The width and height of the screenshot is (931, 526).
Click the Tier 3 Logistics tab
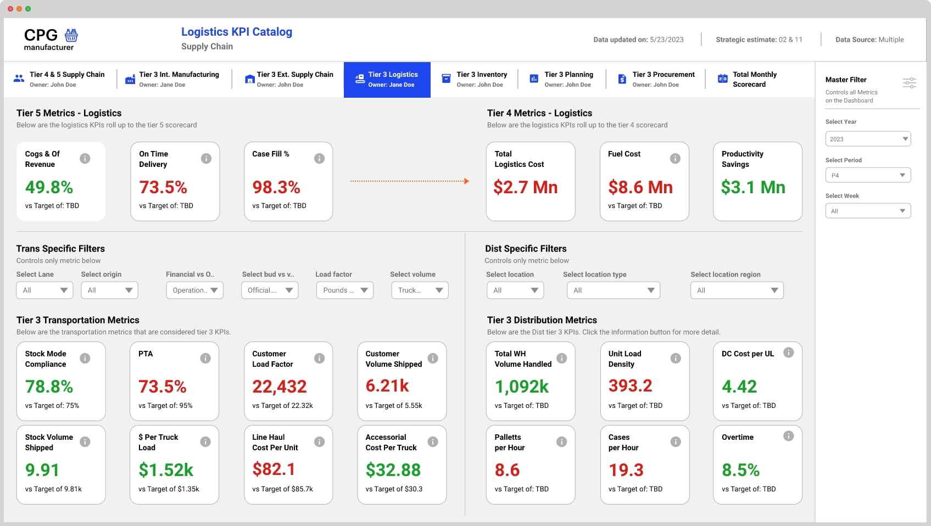(387, 80)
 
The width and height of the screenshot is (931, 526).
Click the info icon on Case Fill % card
(319, 159)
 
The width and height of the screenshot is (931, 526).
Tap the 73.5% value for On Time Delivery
(163, 187)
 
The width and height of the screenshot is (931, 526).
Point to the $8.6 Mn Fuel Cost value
(640, 187)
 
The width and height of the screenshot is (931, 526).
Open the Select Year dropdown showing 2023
(868, 139)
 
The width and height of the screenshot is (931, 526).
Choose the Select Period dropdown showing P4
(868, 175)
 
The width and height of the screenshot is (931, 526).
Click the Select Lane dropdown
(44, 290)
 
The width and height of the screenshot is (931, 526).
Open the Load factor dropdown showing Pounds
(344, 290)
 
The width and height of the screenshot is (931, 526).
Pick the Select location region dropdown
(737, 290)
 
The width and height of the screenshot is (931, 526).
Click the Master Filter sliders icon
(909, 83)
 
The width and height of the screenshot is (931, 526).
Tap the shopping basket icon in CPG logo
(71, 35)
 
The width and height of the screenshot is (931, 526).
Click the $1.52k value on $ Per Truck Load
(166, 470)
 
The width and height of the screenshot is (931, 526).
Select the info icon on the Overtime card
(788, 436)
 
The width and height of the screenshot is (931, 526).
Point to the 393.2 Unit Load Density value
(630, 386)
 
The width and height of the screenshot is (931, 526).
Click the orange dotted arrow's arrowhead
(466, 181)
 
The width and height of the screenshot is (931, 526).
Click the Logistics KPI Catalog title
(237, 32)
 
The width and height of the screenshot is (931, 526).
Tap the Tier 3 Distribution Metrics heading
(542, 320)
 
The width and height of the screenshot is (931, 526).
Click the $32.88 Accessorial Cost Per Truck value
(393, 470)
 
